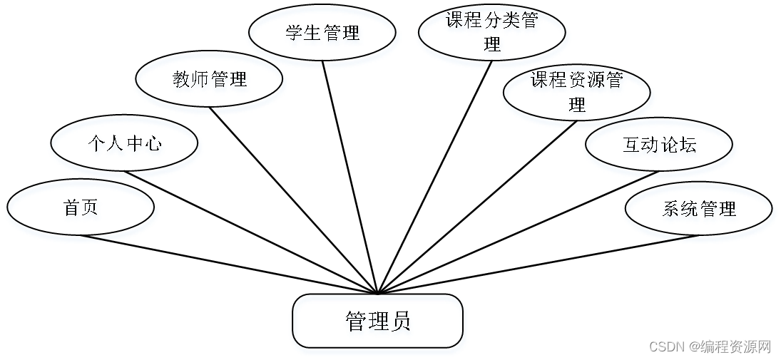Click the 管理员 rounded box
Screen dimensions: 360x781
point(377,321)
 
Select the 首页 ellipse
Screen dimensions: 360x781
point(81,208)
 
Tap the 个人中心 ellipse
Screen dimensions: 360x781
point(124,144)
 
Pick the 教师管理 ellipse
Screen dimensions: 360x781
point(209,79)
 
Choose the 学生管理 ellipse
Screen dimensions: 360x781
point(322,33)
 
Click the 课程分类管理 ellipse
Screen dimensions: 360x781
point(491,32)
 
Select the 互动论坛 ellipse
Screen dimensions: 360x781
point(658,145)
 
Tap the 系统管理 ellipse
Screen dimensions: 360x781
point(698,209)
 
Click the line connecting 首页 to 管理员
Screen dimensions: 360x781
point(228,264)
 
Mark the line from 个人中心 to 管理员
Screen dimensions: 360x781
point(250,232)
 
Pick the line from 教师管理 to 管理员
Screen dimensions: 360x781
point(292,200)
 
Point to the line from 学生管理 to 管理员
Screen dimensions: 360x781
point(349,177)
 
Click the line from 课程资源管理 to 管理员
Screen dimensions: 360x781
point(476,207)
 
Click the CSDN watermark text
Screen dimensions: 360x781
point(710,346)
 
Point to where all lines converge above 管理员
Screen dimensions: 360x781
point(377,292)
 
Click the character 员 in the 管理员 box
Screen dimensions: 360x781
point(400,322)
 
